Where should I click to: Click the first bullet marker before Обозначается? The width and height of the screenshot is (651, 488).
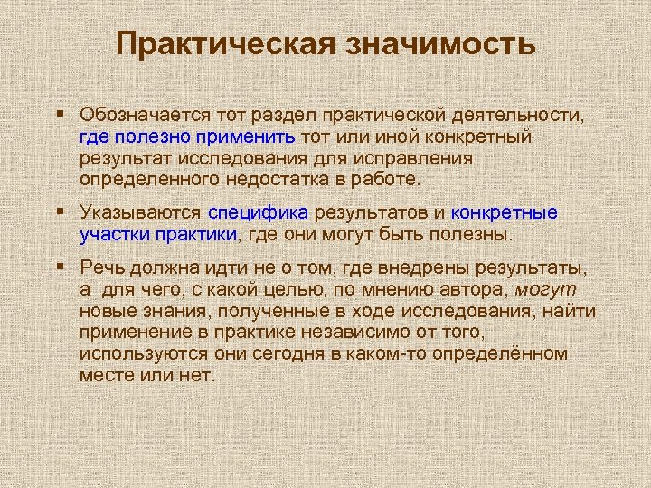59,114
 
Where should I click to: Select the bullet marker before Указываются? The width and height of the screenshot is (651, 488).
59,211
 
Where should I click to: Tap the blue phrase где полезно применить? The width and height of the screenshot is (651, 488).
187,137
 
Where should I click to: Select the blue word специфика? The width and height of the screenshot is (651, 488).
259,213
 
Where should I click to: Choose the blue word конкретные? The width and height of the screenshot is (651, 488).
504,213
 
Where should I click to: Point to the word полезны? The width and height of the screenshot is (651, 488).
474,235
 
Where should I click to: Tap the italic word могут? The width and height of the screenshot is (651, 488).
545,289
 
